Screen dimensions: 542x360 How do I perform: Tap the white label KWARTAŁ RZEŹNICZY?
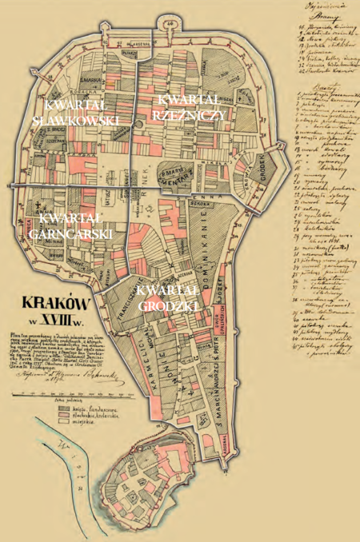coord(193,106)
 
